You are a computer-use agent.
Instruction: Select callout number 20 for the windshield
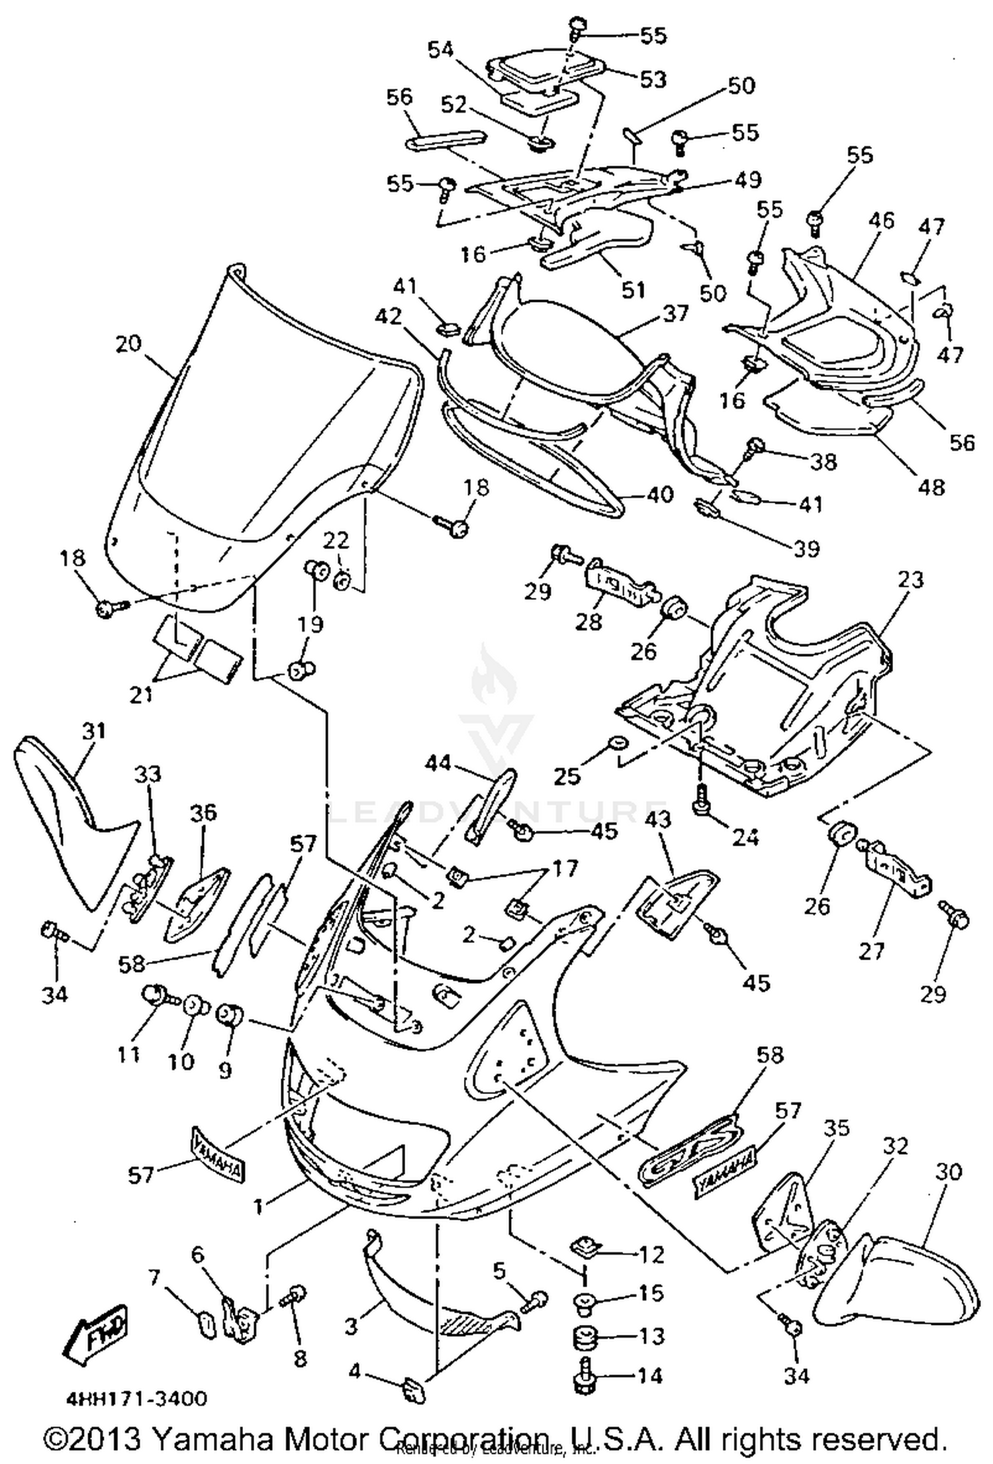pos(128,344)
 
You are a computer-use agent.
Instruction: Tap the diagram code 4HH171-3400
pos(136,1399)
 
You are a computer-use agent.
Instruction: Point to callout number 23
pos(910,580)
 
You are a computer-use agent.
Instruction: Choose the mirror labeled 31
pos(73,814)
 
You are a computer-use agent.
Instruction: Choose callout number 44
pos(438,763)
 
